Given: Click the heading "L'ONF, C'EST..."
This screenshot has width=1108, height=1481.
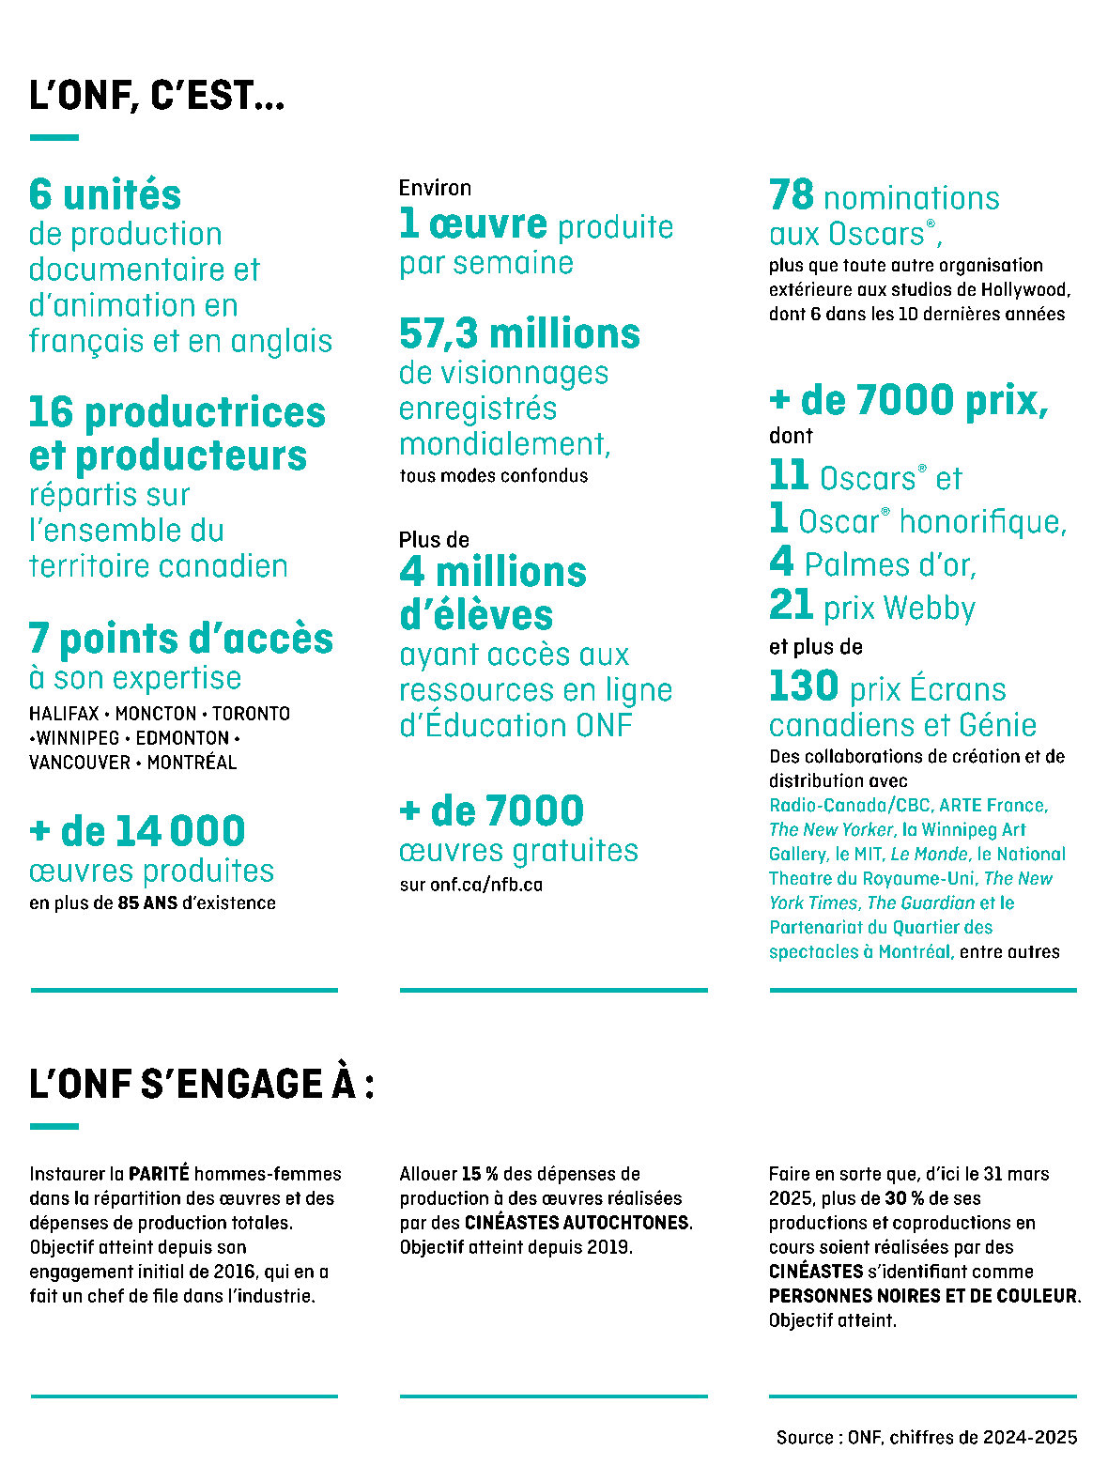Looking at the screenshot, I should [x=157, y=97].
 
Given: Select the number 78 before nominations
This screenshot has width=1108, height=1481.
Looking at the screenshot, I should [x=792, y=195].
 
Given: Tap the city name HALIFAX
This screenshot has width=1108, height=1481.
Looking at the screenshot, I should [x=64, y=714].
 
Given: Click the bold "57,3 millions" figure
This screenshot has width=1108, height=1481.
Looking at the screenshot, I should [x=519, y=333].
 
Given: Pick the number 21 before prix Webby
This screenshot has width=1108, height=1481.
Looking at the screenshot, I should [x=791, y=606].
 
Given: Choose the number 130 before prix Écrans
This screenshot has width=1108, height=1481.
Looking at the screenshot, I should [x=804, y=687].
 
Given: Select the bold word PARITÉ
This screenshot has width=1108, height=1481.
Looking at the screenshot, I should [x=159, y=1174].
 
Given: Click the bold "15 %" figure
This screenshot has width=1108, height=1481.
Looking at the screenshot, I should [x=479, y=1174].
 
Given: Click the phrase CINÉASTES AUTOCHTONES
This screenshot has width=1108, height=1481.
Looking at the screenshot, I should [x=577, y=1223].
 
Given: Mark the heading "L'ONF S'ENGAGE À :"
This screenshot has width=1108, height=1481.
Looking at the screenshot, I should [x=202, y=1084].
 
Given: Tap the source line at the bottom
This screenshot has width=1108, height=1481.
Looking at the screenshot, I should [x=927, y=1437].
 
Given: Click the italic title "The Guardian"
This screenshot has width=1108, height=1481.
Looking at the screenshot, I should [x=920, y=902].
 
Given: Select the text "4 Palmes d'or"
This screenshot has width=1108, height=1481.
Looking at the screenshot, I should [x=872, y=563].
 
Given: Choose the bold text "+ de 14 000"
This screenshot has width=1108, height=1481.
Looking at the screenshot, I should [x=137, y=831].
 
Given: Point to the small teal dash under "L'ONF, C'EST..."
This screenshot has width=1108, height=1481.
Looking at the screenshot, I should [x=54, y=138].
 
